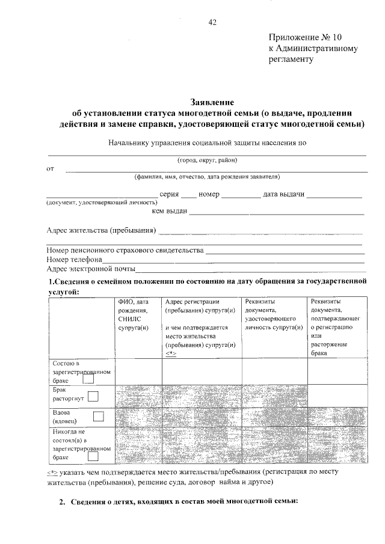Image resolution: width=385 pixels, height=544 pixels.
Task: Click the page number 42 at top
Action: [212, 23]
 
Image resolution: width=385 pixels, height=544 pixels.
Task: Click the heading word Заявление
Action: [212, 103]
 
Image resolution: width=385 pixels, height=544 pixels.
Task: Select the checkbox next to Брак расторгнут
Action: [93, 396]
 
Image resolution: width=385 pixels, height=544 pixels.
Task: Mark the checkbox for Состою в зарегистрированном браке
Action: [88, 379]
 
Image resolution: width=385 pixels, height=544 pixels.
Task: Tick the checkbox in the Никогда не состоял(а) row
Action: [93, 457]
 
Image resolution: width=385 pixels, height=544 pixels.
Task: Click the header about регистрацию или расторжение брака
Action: [335, 328]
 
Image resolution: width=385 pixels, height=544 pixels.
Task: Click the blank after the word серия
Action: [188, 197]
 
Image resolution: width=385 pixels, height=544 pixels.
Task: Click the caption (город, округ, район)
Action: [207, 160]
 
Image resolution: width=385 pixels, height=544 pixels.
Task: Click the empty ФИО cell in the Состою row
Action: [138, 371]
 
